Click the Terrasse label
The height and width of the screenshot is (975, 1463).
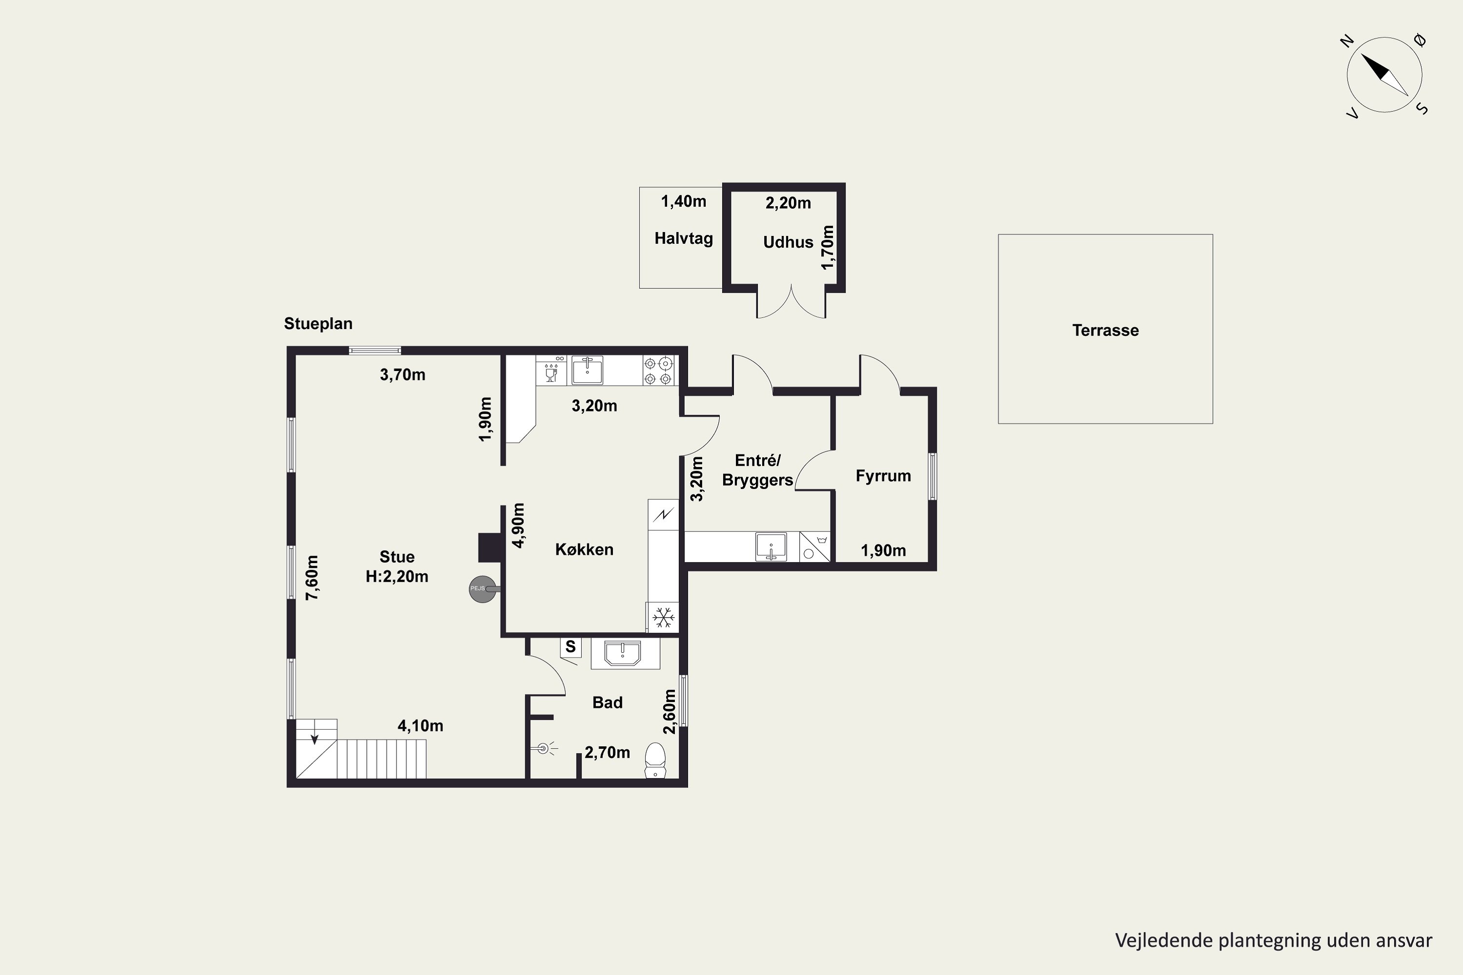pyautogui.click(x=1106, y=330)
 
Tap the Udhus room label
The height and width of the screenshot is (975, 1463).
pyautogui.click(x=788, y=242)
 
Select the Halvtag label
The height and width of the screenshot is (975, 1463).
pyautogui.click(x=684, y=239)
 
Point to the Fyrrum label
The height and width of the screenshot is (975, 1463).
pyautogui.click(x=883, y=476)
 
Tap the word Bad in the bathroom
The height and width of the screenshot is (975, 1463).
pyautogui.click(x=607, y=702)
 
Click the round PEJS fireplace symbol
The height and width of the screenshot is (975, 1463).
pyautogui.click(x=482, y=588)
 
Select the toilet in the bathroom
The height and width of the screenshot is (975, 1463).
pyautogui.click(x=655, y=760)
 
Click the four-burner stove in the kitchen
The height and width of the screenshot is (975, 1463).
pyautogui.click(x=658, y=370)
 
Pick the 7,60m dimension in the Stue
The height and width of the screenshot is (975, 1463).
pyautogui.click(x=312, y=577)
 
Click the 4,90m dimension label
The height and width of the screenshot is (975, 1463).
pyautogui.click(x=517, y=525)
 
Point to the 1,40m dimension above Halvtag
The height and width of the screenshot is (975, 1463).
pyautogui.click(x=684, y=201)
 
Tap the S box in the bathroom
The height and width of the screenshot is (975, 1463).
pyautogui.click(x=571, y=647)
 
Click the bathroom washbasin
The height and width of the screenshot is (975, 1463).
pyautogui.click(x=623, y=654)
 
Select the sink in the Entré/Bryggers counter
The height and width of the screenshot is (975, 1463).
pyautogui.click(x=771, y=546)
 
